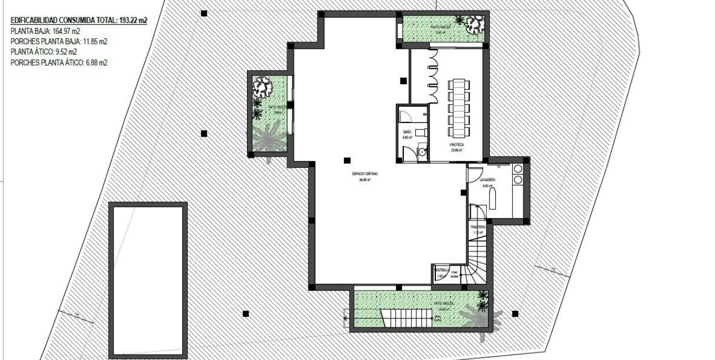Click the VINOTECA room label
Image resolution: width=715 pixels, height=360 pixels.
(457, 144)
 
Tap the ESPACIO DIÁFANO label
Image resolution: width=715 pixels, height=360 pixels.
(364, 174)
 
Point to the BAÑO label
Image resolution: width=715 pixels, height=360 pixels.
(407, 131)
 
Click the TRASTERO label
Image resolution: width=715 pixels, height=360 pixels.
(478, 228)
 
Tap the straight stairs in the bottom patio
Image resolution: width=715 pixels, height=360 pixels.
(410, 317)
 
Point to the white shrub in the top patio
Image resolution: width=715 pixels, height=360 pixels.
(474, 24)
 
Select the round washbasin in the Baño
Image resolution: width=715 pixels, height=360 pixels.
(422, 151)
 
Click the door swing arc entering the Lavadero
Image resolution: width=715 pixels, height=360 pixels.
(474, 176)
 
